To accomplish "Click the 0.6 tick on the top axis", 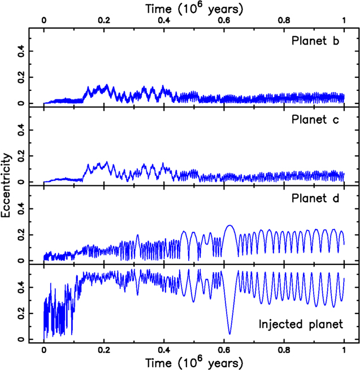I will [224, 20].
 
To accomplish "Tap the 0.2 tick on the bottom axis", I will [104, 350].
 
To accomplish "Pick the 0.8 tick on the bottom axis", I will [284, 350].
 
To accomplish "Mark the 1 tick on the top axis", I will [344, 20].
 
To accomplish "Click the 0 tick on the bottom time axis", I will [44, 350].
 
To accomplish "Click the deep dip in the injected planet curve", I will [229, 334].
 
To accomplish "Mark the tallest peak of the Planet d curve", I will [229, 225].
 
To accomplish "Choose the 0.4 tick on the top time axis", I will [164, 20].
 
